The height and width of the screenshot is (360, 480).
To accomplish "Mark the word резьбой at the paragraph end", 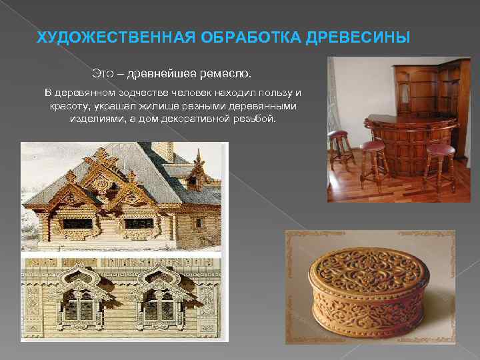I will pyautogui.click(x=253, y=118).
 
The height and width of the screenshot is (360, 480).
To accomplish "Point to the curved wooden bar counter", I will pyautogui.click(x=407, y=143).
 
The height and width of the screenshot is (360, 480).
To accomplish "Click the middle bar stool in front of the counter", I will pyautogui.click(x=373, y=163).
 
